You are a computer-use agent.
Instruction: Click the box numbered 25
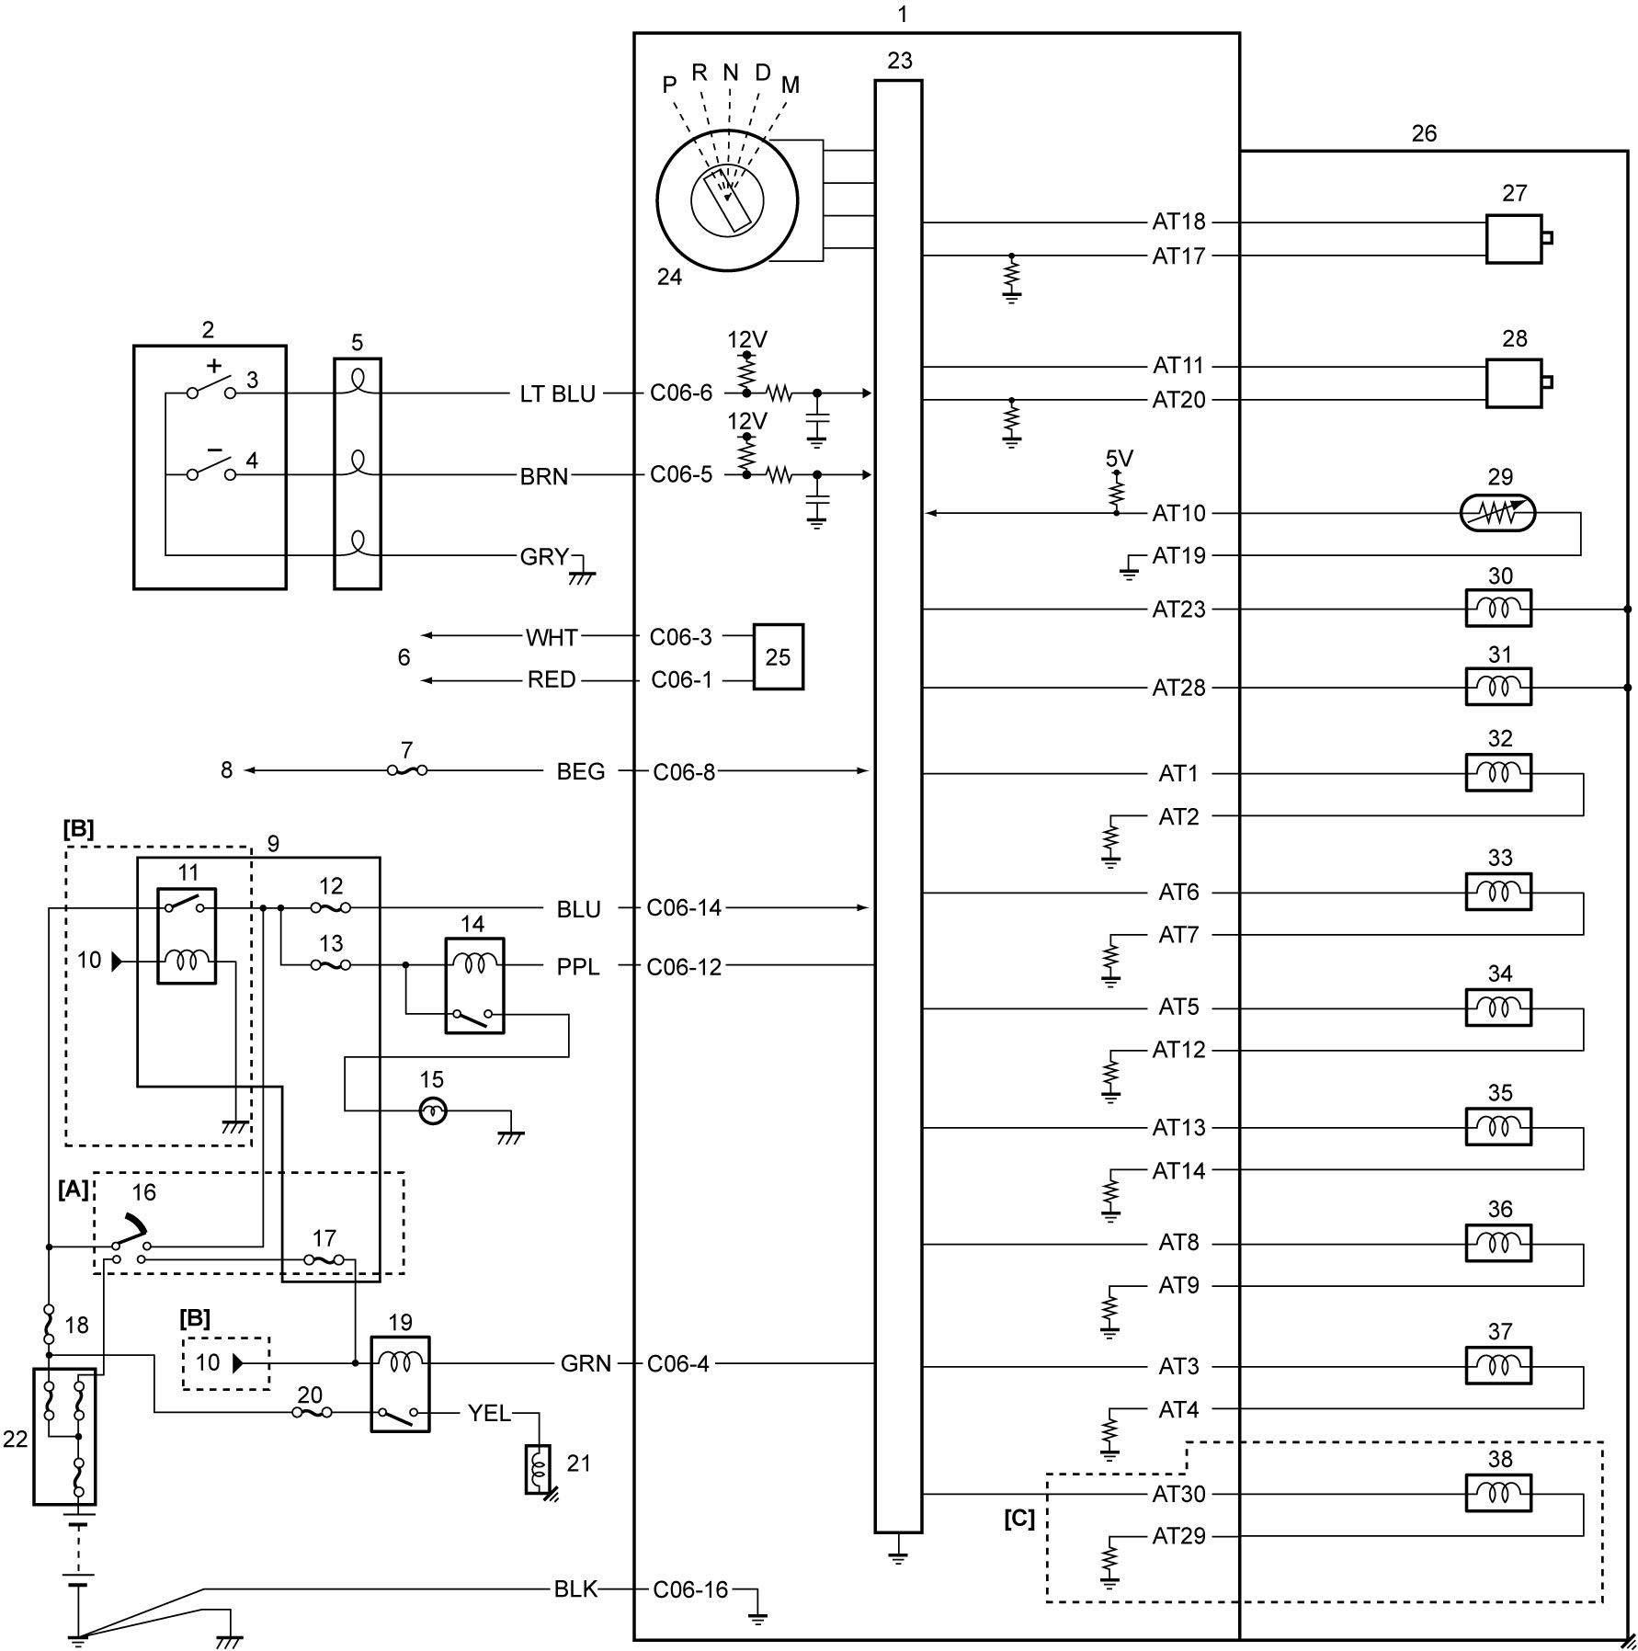[778, 656]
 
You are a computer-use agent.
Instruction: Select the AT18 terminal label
[1178, 222]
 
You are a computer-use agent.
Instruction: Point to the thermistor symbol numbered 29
[1497, 513]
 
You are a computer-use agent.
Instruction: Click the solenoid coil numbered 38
[1498, 1493]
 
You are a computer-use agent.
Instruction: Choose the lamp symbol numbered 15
[433, 1111]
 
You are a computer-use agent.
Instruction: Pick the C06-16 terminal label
[690, 1589]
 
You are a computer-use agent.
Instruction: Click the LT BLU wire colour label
[557, 393]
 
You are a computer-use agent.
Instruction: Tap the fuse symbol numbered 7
[407, 770]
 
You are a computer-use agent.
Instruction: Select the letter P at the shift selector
[669, 85]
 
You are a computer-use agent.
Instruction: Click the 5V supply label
[1119, 459]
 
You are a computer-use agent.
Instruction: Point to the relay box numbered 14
[474, 985]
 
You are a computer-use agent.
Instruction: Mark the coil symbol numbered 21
[538, 1469]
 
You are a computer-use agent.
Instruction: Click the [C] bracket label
[1018, 1519]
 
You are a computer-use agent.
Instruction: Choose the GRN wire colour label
[586, 1363]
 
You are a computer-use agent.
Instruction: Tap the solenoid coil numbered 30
[1498, 609]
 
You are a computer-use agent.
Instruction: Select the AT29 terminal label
[1178, 1536]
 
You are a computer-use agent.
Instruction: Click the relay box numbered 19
[400, 1383]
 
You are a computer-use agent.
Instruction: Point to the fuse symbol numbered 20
[312, 1411]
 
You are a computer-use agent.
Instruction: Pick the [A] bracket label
[74, 1190]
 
